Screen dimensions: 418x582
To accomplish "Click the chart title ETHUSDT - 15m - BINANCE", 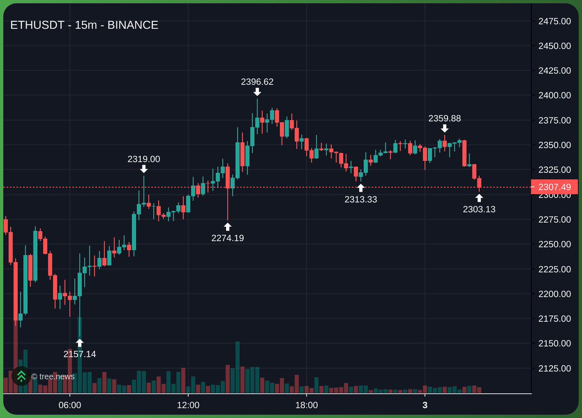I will pos(84,25).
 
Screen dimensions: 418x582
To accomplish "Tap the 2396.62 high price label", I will pos(257,82).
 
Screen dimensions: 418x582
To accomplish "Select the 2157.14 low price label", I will pos(80,354).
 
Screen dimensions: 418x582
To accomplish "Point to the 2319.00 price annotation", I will pos(144,159).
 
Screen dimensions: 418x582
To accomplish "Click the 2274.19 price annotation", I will pos(227,238).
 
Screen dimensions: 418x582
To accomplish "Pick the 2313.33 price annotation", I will pos(360,199).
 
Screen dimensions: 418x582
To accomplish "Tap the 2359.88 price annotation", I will pos(444,118).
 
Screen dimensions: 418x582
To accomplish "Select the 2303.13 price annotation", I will pos(479,209).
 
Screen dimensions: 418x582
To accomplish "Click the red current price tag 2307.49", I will pos(554,187).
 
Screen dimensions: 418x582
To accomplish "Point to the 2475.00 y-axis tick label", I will pos(554,21).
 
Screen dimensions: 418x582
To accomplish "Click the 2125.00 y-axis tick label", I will pos(554,368).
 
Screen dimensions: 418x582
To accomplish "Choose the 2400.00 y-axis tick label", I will pos(554,95).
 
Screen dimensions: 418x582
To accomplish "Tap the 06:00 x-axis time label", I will pos(70,405).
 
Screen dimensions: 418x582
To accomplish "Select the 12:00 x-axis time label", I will pos(188,405).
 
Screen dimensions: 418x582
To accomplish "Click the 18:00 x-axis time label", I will pos(307,405).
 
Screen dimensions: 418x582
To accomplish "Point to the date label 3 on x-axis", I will pos(425,405).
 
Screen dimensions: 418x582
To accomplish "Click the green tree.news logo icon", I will pos(21,376).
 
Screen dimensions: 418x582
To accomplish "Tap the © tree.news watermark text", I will pos(53,376).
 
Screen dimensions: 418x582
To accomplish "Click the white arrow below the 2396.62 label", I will pos(257,91).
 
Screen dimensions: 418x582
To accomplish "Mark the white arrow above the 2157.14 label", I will pos(80,343).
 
